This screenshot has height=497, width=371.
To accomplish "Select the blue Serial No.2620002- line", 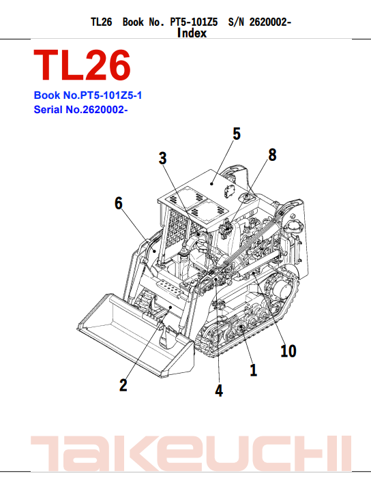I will coord(81,110).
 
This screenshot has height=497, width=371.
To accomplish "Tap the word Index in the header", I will coord(192,32).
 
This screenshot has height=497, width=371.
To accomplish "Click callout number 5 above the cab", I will coord(237,134).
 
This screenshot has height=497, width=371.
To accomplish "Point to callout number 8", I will coord(272,155).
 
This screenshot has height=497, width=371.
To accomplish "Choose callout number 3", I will coord(163,158).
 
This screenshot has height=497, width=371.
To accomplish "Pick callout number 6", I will coord(119,202).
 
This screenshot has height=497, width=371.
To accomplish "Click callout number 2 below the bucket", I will coord(123,385).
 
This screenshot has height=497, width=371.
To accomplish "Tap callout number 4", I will coord(219,391).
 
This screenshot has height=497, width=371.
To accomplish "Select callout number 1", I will coord(253,371).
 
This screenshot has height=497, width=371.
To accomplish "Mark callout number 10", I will coord(288,351).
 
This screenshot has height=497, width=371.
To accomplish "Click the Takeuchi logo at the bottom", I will coord(185,453).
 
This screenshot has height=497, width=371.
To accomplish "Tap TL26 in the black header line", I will coord(101,22).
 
